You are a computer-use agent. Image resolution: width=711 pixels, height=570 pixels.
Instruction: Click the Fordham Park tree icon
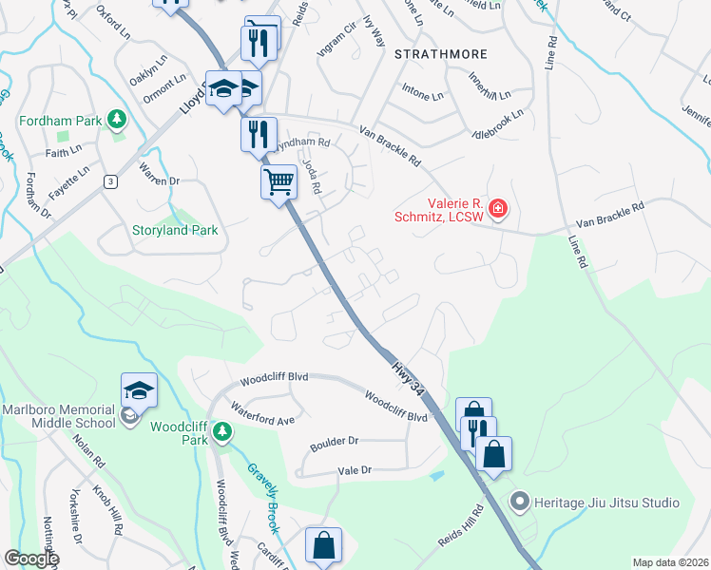coord(117,120)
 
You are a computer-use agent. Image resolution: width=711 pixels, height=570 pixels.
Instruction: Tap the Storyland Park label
coord(175,230)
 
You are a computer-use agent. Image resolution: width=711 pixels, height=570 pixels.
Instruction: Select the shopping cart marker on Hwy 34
coord(279,180)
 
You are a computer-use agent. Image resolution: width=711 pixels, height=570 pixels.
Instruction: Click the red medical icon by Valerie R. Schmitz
coord(497,208)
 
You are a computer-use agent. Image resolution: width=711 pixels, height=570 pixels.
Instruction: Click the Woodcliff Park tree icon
coord(222,433)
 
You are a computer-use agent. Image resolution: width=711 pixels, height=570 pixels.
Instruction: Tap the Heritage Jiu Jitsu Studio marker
coord(519,502)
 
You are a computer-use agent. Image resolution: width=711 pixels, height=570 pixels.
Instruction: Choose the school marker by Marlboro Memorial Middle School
coord(139,390)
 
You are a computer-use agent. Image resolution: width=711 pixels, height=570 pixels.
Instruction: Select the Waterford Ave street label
coord(263,417)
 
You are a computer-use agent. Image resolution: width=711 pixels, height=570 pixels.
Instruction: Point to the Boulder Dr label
coord(334,442)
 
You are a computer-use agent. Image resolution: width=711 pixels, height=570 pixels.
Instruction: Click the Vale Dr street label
coord(352,470)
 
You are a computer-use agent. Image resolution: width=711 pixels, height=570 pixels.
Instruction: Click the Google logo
coord(31,559)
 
